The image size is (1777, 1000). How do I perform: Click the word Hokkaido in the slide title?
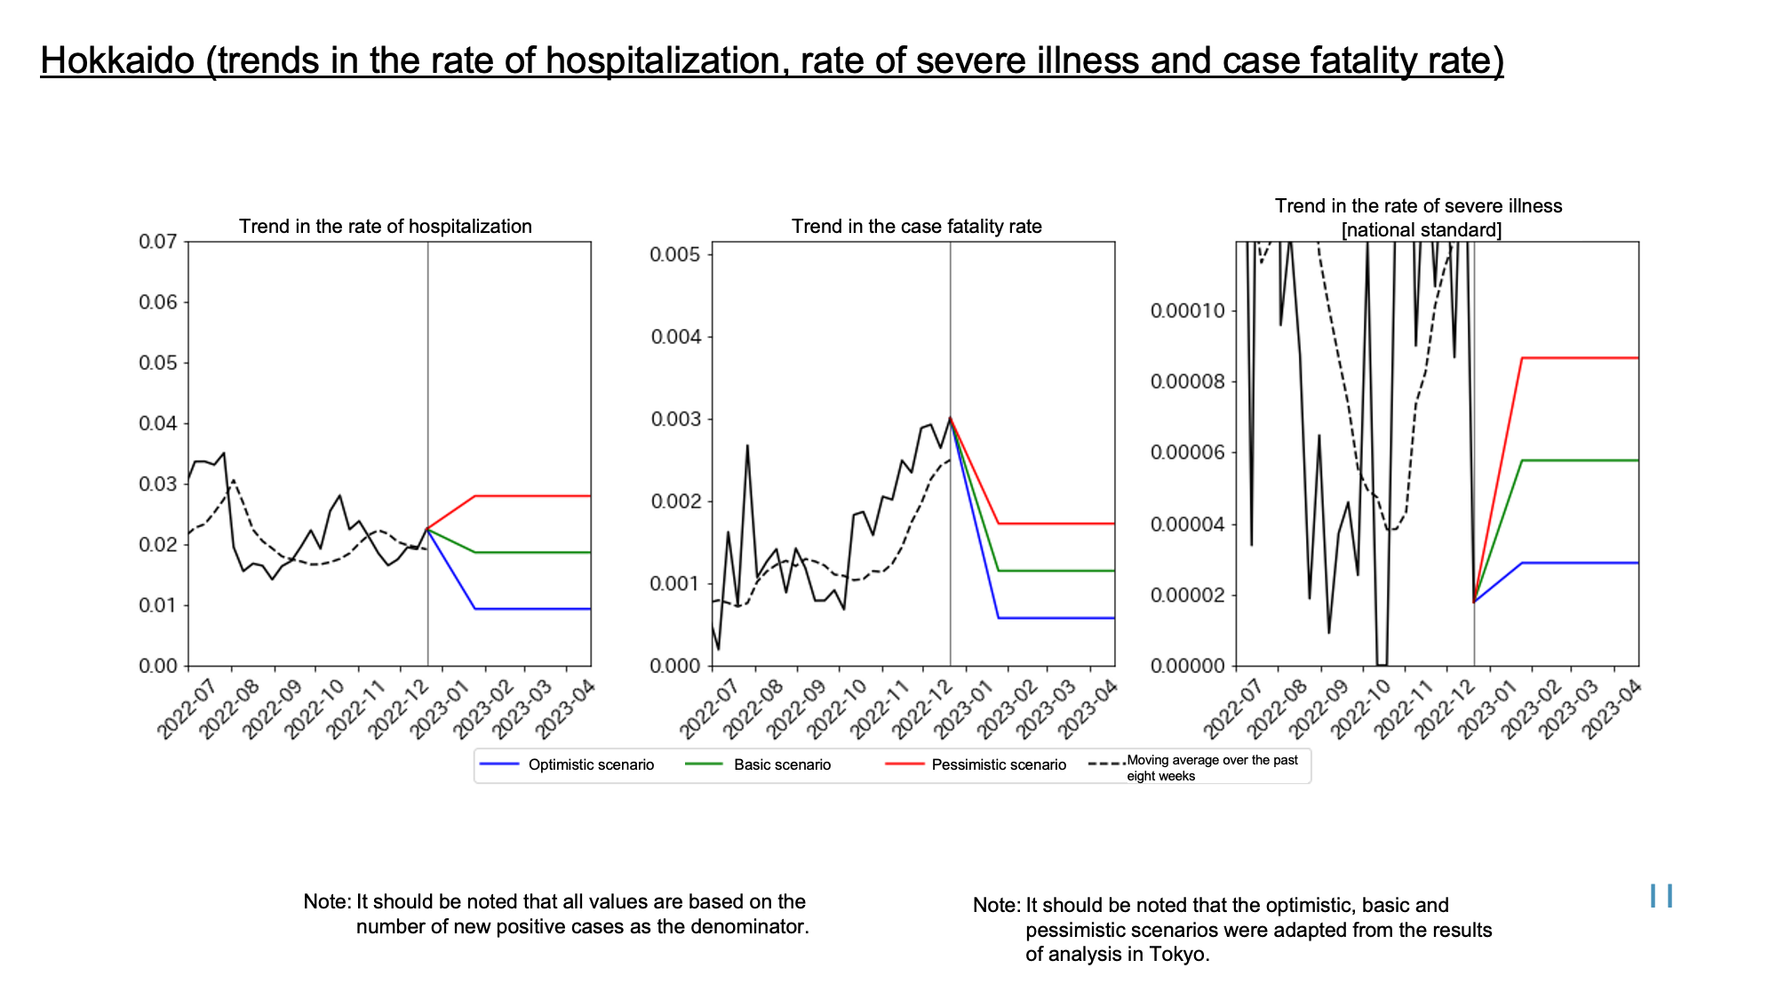pyautogui.click(x=117, y=60)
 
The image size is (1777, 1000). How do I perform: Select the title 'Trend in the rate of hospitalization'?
pyautogui.click(x=386, y=227)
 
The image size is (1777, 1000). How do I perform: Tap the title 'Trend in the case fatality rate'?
pyautogui.click(x=917, y=227)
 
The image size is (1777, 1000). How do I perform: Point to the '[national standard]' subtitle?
pyautogui.click(x=1422, y=230)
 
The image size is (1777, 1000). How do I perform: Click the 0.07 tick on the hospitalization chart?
pyautogui.click(x=158, y=242)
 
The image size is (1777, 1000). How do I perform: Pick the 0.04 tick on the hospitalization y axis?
pyautogui.click(x=158, y=424)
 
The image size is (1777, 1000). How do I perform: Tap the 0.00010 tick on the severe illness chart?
pyautogui.click(x=1189, y=311)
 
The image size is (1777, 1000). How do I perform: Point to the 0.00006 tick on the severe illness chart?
pyautogui.click(x=1189, y=453)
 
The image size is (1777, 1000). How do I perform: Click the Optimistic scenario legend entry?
pyautogui.click(x=567, y=764)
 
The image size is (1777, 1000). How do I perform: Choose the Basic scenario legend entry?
pyautogui.click(x=759, y=764)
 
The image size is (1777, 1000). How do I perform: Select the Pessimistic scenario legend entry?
pyautogui.click(x=976, y=764)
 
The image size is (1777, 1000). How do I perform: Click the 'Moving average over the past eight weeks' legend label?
pyautogui.click(x=1212, y=768)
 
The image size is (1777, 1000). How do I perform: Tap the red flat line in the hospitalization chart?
pyautogui.click(x=533, y=496)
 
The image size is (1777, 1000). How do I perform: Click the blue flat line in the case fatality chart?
pyautogui.click(x=1056, y=618)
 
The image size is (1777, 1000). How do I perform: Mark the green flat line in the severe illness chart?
pyautogui.click(x=1581, y=460)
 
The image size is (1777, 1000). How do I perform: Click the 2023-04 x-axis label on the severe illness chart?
pyautogui.click(x=1610, y=709)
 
